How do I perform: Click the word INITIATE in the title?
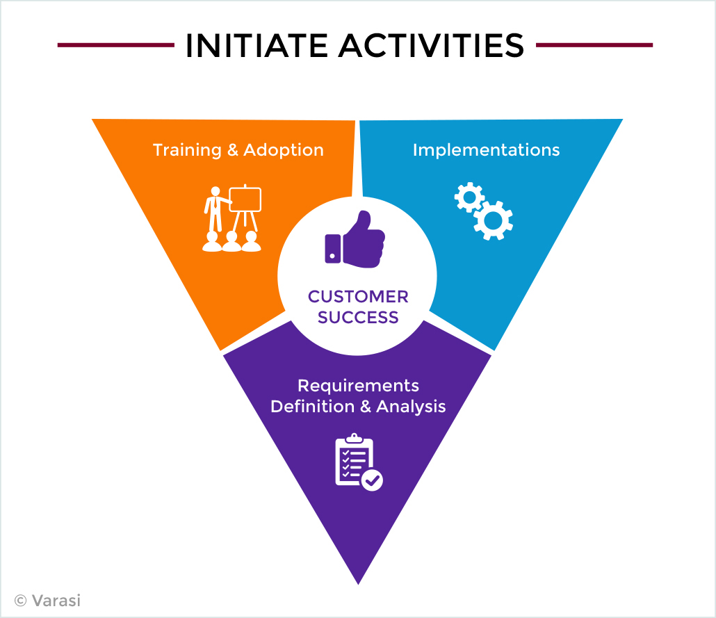[x=257, y=45]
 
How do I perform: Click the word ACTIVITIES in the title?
[x=432, y=45]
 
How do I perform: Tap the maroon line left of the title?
[x=116, y=44]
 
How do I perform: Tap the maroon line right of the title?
[x=594, y=44]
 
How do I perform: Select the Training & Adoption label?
[x=238, y=150]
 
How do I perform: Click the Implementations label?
[x=487, y=150]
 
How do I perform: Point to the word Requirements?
[x=358, y=387]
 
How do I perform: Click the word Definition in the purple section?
[x=312, y=406]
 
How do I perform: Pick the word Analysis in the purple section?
[x=411, y=407]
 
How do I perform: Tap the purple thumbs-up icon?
[x=355, y=239]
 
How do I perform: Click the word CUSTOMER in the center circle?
[x=358, y=296]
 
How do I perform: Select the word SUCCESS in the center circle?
[x=358, y=317]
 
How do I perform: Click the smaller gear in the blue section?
[x=469, y=197]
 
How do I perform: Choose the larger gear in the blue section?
[x=493, y=220]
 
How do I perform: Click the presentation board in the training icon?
[x=245, y=200]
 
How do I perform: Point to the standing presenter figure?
[x=215, y=209]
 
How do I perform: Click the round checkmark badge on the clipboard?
[x=372, y=480]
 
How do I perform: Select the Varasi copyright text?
[x=47, y=600]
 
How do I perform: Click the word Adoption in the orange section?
[x=283, y=150]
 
